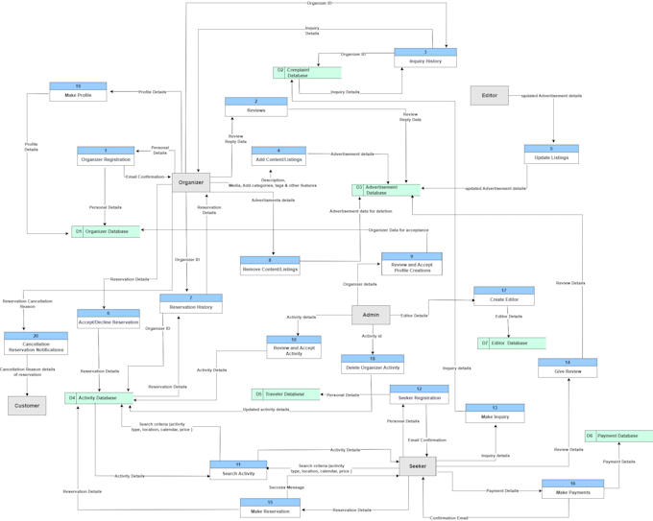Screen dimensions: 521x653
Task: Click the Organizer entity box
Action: click(x=191, y=182)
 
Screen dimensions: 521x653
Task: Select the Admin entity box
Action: click(x=371, y=315)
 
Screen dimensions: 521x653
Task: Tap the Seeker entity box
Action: click(x=417, y=466)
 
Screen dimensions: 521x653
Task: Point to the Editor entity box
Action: click(x=489, y=95)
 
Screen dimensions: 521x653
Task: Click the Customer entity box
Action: click(x=27, y=405)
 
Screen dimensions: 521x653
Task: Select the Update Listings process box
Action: click(x=551, y=154)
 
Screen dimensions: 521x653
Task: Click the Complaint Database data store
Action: click(x=307, y=72)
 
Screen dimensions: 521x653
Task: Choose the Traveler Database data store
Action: click(x=285, y=394)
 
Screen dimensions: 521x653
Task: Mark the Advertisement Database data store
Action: click(x=386, y=190)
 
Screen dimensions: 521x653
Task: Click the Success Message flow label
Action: click(x=286, y=487)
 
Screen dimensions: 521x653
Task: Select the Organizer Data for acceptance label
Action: click(x=398, y=230)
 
